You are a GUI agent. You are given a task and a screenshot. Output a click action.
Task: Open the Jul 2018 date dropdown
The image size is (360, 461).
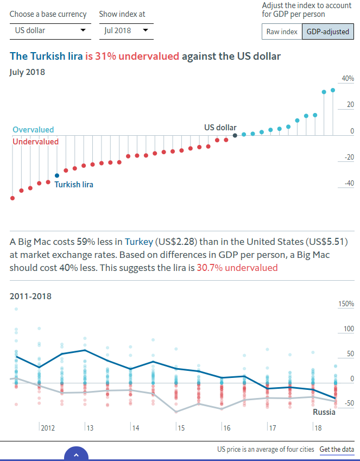click(126, 30)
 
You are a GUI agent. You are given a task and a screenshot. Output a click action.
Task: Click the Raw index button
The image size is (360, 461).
click(282, 31)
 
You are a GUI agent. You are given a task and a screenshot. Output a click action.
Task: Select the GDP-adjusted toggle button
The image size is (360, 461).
click(327, 31)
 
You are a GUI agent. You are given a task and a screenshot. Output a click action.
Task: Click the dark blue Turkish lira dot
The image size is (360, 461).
click(57, 175)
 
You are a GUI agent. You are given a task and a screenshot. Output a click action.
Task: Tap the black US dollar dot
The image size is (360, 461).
click(235, 135)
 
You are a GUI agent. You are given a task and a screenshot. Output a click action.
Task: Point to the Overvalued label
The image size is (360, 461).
click(33, 130)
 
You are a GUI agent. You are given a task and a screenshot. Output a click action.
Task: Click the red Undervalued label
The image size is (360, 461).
click(35, 141)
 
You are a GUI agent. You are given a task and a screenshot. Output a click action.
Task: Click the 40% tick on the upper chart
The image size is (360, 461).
click(348, 78)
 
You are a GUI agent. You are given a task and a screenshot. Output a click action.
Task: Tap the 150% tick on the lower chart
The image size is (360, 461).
click(346, 304)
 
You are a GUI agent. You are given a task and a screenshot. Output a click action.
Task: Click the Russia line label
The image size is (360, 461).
click(324, 412)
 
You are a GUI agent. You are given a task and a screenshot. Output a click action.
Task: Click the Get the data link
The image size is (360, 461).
click(337, 449)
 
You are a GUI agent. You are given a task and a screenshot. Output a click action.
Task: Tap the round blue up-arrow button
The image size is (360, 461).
click(76, 455)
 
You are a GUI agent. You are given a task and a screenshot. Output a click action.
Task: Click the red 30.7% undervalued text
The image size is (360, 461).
click(237, 268)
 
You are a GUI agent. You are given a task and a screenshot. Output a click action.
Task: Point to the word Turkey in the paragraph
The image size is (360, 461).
click(138, 241)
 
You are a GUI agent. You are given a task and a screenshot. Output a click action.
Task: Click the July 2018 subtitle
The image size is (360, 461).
click(27, 72)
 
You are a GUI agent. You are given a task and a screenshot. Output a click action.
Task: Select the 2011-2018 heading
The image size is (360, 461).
click(31, 296)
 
